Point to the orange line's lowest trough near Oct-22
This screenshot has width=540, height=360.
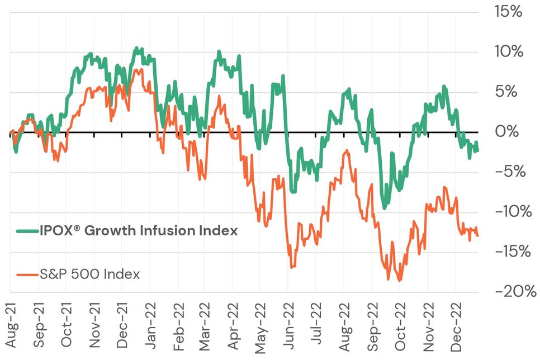coord(399,280)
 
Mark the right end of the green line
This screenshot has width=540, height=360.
coord(477,149)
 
